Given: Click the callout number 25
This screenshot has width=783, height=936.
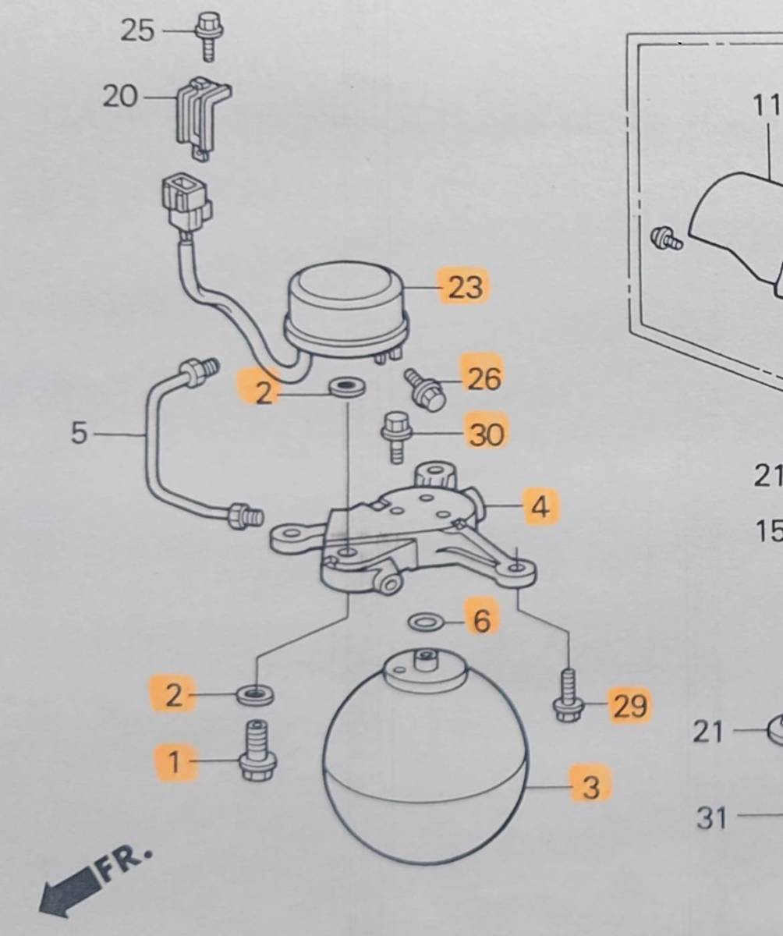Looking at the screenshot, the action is tap(137, 31).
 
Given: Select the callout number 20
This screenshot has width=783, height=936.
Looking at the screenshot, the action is tap(119, 97).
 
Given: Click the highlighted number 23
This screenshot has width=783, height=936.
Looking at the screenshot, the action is tap(466, 287).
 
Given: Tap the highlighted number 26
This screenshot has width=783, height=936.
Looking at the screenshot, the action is tap(484, 379).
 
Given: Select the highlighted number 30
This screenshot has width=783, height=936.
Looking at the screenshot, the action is tap(487, 434).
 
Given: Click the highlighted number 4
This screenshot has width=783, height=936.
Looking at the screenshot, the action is tap(540, 507).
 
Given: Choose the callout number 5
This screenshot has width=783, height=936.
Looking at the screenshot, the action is tap(79, 434).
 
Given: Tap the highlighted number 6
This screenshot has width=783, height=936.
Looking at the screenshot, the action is tap(482, 621).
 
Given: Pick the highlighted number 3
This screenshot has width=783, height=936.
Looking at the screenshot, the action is tap(590, 787).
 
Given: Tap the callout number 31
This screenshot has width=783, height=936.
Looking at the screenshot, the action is tap(710, 818).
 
